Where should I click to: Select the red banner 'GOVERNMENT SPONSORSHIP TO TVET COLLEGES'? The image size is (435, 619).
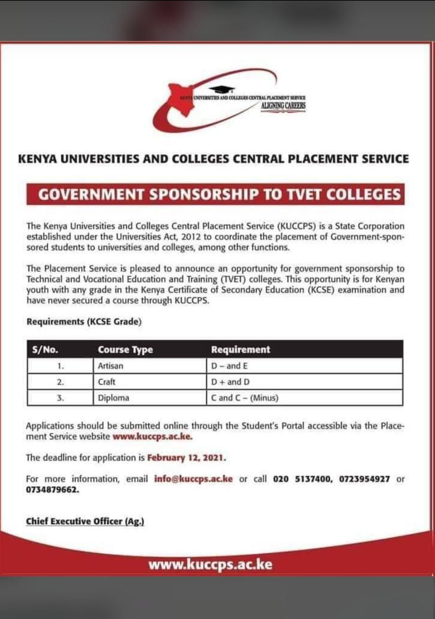click(x=216, y=195)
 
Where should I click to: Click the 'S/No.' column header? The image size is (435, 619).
click(x=45, y=349)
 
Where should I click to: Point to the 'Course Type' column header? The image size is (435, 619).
click(x=125, y=349)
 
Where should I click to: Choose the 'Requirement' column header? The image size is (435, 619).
click(x=240, y=349)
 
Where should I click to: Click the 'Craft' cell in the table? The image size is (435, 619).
click(x=107, y=382)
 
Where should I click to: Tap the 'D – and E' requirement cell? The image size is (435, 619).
click(x=229, y=366)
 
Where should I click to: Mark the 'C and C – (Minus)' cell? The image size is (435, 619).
click(x=244, y=398)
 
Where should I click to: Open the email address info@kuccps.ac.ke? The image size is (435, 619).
click(x=193, y=479)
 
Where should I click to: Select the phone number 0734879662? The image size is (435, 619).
click(x=53, y=490)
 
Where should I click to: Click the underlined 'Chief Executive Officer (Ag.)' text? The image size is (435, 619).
click(x=85, y=521)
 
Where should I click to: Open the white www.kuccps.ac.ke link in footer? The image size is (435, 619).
click(x=210, y=565)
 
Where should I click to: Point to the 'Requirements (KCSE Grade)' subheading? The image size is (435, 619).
click(x=84, y=322)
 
